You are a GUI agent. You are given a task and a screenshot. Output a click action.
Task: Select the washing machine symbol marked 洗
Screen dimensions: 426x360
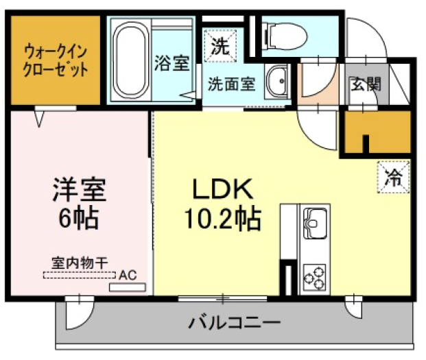click(220, 45)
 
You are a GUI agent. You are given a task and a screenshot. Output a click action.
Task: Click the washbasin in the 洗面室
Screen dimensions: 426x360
click(276, 82)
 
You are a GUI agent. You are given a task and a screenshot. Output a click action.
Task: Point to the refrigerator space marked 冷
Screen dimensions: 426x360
click(393, 178)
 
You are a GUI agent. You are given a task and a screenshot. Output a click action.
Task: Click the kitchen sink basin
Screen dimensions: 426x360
click(315, 224)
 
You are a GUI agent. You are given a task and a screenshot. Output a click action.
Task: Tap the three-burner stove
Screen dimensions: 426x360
click(315, 277)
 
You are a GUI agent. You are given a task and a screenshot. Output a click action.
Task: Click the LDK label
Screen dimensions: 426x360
click(223, 189)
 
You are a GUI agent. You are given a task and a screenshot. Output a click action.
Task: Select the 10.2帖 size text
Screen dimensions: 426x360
click(223, 219)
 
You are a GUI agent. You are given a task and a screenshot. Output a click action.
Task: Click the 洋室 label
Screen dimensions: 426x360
click(80, 189)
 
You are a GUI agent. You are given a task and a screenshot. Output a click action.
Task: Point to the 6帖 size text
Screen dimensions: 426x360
click(79, 219)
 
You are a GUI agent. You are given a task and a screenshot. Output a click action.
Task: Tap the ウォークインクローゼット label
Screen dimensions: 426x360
click(56, 61)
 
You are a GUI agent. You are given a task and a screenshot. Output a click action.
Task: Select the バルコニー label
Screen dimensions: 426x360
click(234, 322)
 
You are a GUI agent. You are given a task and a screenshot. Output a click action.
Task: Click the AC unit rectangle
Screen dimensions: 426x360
click(128, 287)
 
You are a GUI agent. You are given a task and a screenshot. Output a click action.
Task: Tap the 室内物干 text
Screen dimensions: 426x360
click(80, 263)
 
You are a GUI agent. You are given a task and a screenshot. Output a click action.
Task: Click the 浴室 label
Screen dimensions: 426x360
click(171, 63)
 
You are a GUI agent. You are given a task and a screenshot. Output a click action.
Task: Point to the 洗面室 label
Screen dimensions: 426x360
click(231, 84)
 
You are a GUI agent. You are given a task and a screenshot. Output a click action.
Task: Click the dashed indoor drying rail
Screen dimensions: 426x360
click(80, 275)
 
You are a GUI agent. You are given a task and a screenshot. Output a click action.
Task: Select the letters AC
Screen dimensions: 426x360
click(128, 275)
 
